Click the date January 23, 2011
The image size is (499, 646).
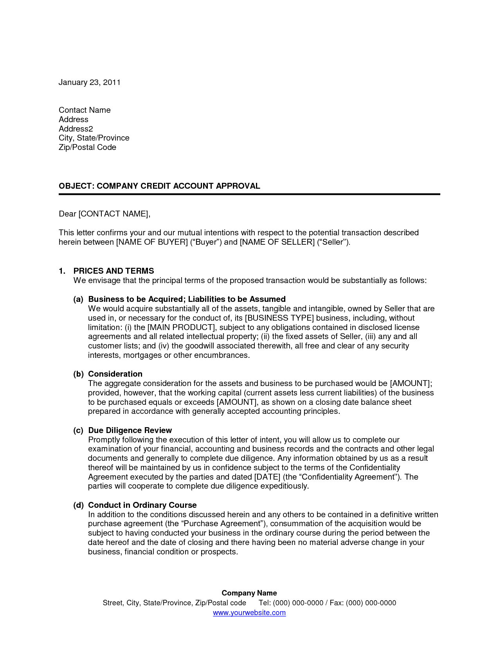click(x=90, y=82)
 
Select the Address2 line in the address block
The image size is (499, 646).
click(x=76, y=129)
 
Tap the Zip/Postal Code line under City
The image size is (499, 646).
click(x=87, y=147)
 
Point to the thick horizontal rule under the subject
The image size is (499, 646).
click(x=249, y=194)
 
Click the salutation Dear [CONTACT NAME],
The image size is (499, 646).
click(x=104, y=214)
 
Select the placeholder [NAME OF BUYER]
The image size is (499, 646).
click(x=152, y=242)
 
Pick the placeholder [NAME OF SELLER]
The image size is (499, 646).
click(x=277, y=242)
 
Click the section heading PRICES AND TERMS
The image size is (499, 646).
click(x=113, y=271)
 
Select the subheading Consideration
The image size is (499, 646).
click(x=115, y=374)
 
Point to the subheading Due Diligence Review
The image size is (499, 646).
click(x=130, y=430)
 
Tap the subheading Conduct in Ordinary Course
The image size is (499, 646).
click(x=142, y=505)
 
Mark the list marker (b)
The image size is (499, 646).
click(x=79, y=374)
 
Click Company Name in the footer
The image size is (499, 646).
click(x=249, y=593)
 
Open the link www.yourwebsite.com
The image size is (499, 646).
click(x=249, y=613)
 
